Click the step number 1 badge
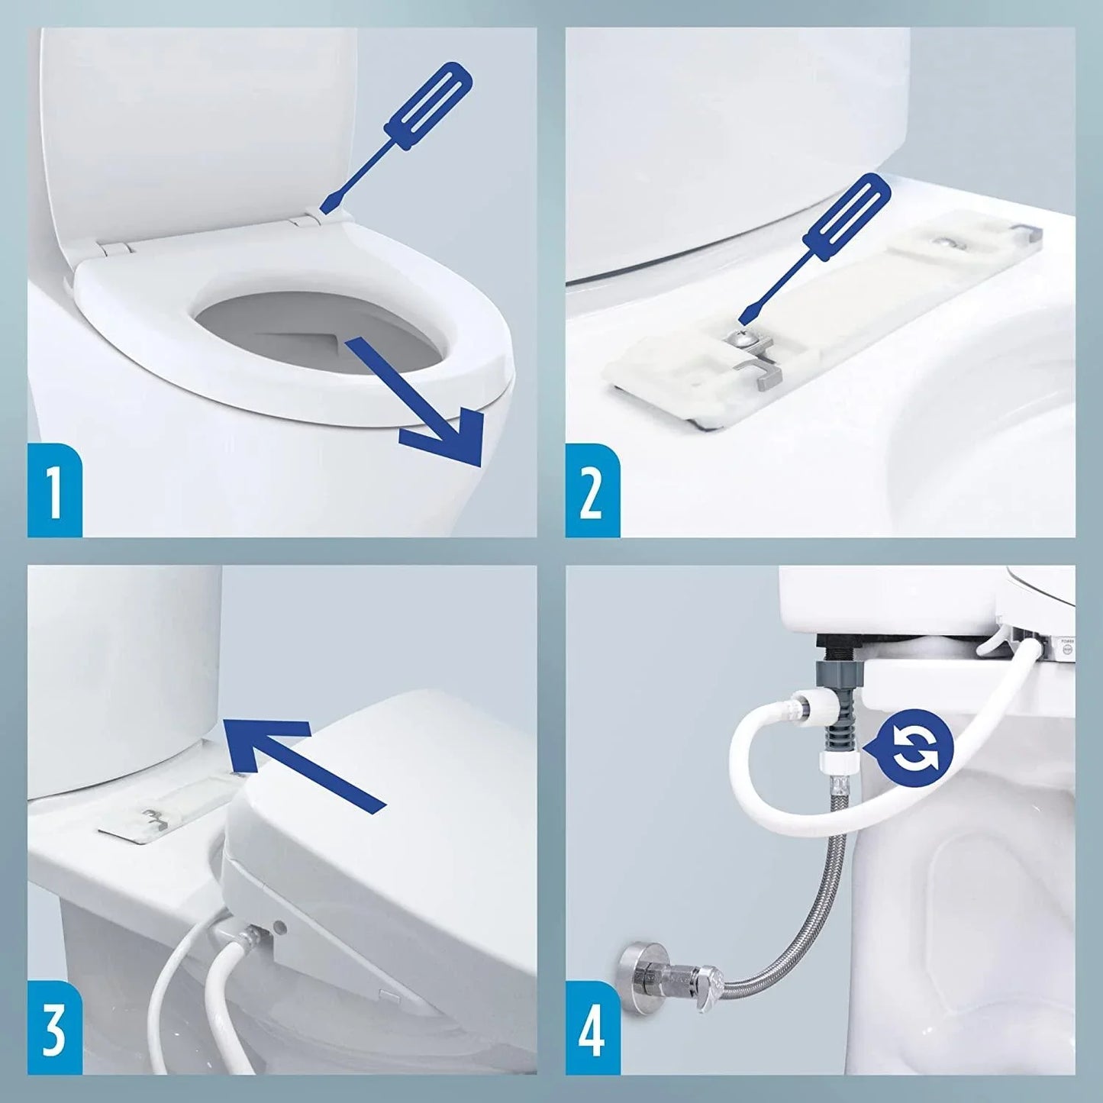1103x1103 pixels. pos(54,490)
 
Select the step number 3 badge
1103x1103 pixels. pos(54,1027)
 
